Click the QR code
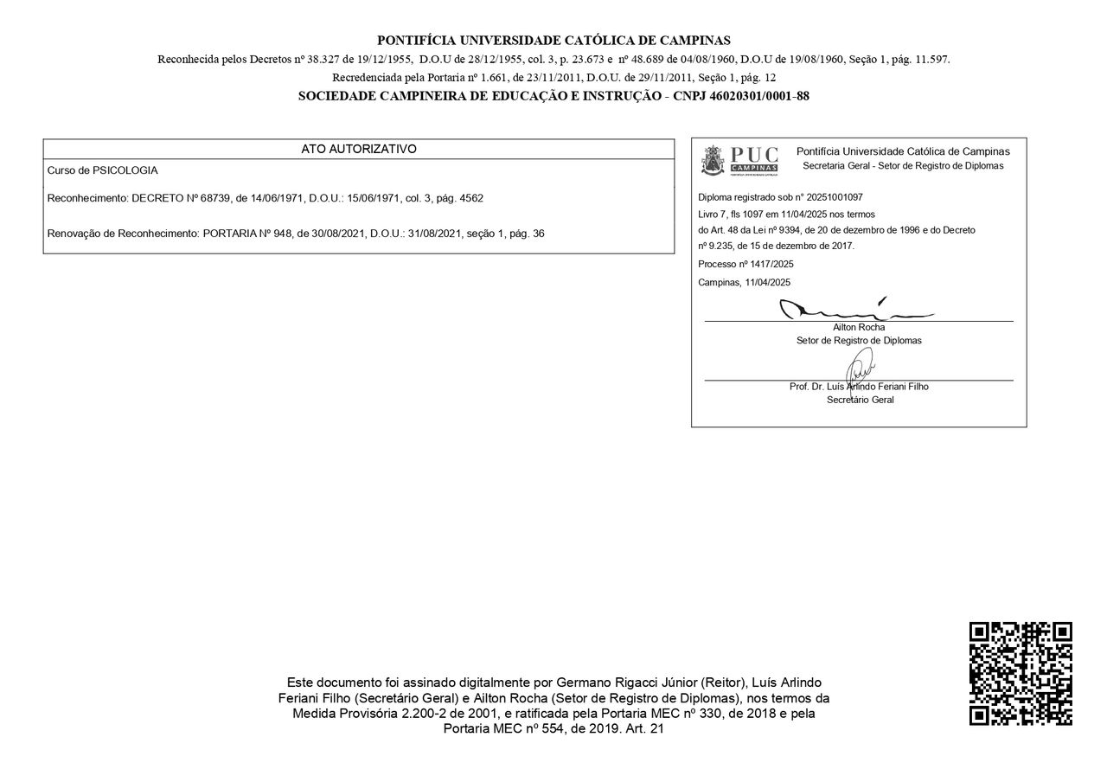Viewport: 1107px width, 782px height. point(1021,673)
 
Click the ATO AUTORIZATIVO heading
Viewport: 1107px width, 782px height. point(359,149)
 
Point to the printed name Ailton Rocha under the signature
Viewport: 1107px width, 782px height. point(859,327)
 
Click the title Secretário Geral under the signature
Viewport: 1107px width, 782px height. point(860,400)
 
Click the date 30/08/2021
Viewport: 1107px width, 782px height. point(339,234)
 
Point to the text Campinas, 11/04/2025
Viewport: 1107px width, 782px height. point(744,283)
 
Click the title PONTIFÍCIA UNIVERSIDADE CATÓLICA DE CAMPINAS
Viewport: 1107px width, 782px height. point(553,40)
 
